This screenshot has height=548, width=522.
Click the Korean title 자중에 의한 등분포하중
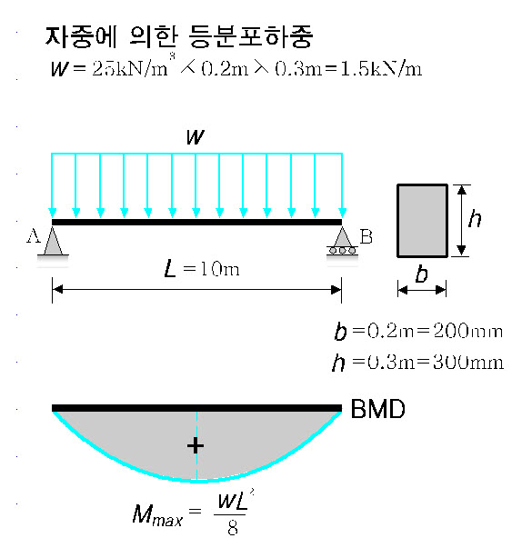[x=179, y=36]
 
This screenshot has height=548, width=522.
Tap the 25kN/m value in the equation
[x=130, y=68]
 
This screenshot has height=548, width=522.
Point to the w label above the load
[x=196, y=136]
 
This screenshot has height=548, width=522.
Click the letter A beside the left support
[x=34, y=236]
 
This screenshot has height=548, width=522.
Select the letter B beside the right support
[x=366, y=236]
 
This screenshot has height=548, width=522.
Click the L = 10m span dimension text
[x=202, y=270]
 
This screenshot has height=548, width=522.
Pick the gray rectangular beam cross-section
[x=422, y=221]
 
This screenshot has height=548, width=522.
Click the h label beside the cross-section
[x=475, y=218]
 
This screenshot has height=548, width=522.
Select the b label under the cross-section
[x=422, y=274]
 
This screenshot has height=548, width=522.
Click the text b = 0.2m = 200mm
[x=418, y=331]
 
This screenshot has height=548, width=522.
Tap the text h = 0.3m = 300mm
[x=417, y=363]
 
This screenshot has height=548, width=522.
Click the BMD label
[x=377, y=409]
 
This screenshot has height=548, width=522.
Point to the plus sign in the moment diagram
[x=196, y=445]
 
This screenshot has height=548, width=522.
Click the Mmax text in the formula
[x=157, y=515]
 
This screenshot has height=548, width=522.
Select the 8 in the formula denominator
[x=233, y=528]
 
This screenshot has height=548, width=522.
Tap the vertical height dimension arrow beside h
[x=462, y=221]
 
